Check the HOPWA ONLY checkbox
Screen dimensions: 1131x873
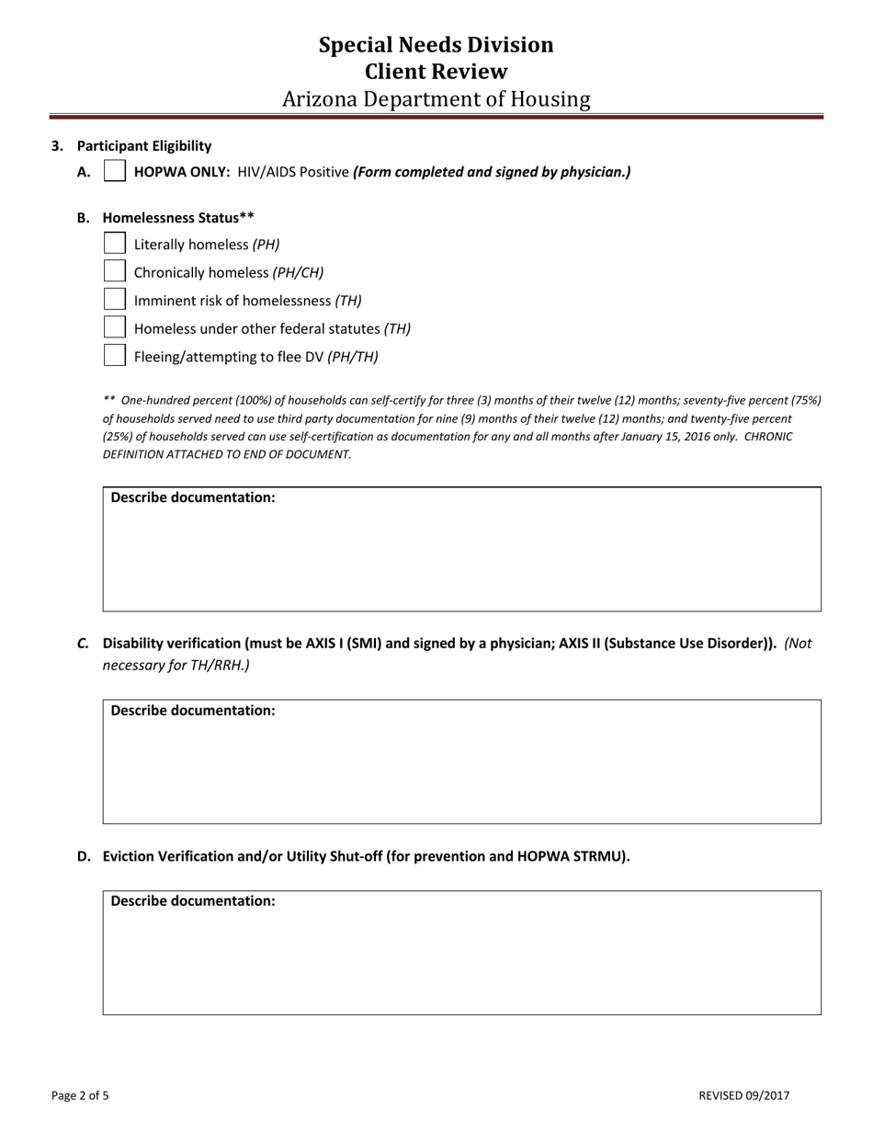point(115,171)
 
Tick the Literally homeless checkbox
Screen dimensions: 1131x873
point(115,244)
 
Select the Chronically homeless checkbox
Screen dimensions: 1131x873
point(115,271)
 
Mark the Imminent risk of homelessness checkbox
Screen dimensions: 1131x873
point(115,300)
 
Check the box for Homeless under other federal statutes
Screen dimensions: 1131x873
point(115,327)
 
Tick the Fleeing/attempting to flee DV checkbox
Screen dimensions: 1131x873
point(115,356)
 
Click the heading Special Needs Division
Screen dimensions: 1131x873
point(436,45)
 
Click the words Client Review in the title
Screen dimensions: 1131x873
point(436,72)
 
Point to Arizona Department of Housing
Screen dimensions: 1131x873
point(436,98)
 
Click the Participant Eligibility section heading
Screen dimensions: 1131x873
point(144,145)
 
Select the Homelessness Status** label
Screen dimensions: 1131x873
point(178,218)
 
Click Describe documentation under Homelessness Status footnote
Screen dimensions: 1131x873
point(193,497)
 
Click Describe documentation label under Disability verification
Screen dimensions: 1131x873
point(193,711)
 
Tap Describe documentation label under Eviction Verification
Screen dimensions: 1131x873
point(193,901)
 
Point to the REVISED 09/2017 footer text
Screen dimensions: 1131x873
point(743,1095)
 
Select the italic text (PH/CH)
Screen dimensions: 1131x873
point(298,272)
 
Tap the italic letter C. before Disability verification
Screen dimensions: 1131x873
point(83,644)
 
